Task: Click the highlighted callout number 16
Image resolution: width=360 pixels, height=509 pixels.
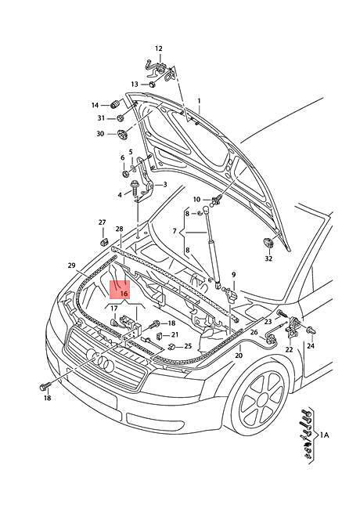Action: coord(124,294)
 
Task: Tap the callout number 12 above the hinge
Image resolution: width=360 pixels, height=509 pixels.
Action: coord(158,49)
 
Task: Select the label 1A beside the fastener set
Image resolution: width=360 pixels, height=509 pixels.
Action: coord(324,435)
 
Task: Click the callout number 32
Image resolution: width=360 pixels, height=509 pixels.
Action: coord(268,258)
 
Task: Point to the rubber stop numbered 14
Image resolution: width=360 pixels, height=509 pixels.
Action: coord(115,105)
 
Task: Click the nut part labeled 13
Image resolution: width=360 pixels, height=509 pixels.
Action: coord(153,84)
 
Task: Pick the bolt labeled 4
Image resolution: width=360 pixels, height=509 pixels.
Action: coord(134,188)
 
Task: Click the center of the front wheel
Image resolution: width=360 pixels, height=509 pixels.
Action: coord(263,402)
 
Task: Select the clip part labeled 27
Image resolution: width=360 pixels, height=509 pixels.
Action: coord(104,242)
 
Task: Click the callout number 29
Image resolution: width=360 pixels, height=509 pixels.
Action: coord(71,265)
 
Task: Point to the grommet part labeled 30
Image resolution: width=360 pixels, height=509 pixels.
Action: coord(122,134)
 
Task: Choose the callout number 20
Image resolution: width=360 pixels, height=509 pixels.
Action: coord(239,356)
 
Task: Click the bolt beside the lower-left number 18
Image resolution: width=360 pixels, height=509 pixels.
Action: coord(44,387)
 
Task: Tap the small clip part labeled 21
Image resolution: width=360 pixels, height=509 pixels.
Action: coord(159,336)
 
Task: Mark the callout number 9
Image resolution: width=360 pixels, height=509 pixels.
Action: coord(234,275)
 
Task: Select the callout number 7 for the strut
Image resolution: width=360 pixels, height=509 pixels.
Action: coord(175,231)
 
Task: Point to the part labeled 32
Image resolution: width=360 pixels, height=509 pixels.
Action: coord(268,243)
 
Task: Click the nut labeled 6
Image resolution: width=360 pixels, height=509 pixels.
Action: coord(125,173)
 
